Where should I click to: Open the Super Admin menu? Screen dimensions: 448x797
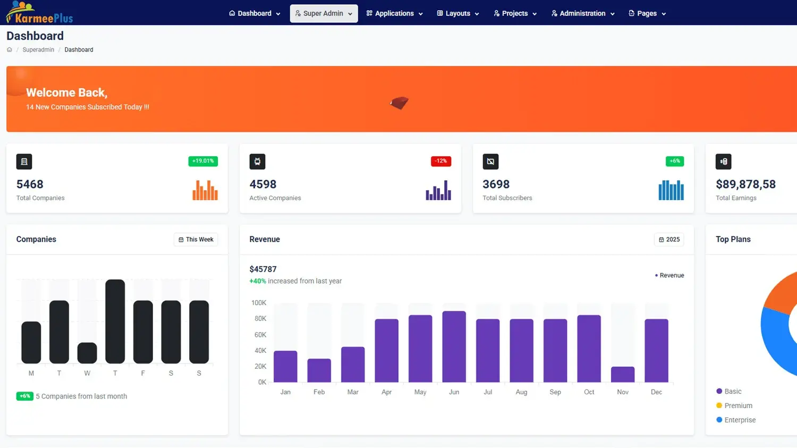[x=324, y=13]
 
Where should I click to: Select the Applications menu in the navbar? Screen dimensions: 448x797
[x=394, y=13]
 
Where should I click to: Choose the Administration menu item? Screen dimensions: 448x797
[x=583, y=13]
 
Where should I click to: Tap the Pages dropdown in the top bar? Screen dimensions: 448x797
[x=647, y=13]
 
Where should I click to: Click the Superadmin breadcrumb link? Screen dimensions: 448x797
[x=38, y=50]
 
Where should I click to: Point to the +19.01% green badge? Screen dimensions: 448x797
[x=203, y=161]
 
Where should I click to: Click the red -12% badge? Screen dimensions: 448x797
[x=440, y=161]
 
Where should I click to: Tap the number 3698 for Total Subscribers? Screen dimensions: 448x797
[x=496, y=184]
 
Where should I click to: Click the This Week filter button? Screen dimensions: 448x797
[x=196, y=240]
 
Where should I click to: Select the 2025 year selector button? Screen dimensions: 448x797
[x=669, y=240]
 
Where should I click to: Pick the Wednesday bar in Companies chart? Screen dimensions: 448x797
[x=87, y=353]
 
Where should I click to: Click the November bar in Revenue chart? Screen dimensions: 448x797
[x=623, y=374]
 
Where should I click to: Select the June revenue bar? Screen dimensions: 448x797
[x=454, y=346]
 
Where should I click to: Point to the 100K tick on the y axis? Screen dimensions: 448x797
[x=259, y=303]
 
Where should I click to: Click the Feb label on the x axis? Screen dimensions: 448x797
[x=319, y=392]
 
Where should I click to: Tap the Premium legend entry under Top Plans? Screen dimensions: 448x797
[x=738, y=405]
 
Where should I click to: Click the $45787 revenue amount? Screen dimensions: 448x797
[x=263, y=269]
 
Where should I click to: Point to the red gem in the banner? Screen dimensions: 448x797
[x=399, y=103]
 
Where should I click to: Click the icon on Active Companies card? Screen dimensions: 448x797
[x=257, y=162]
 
